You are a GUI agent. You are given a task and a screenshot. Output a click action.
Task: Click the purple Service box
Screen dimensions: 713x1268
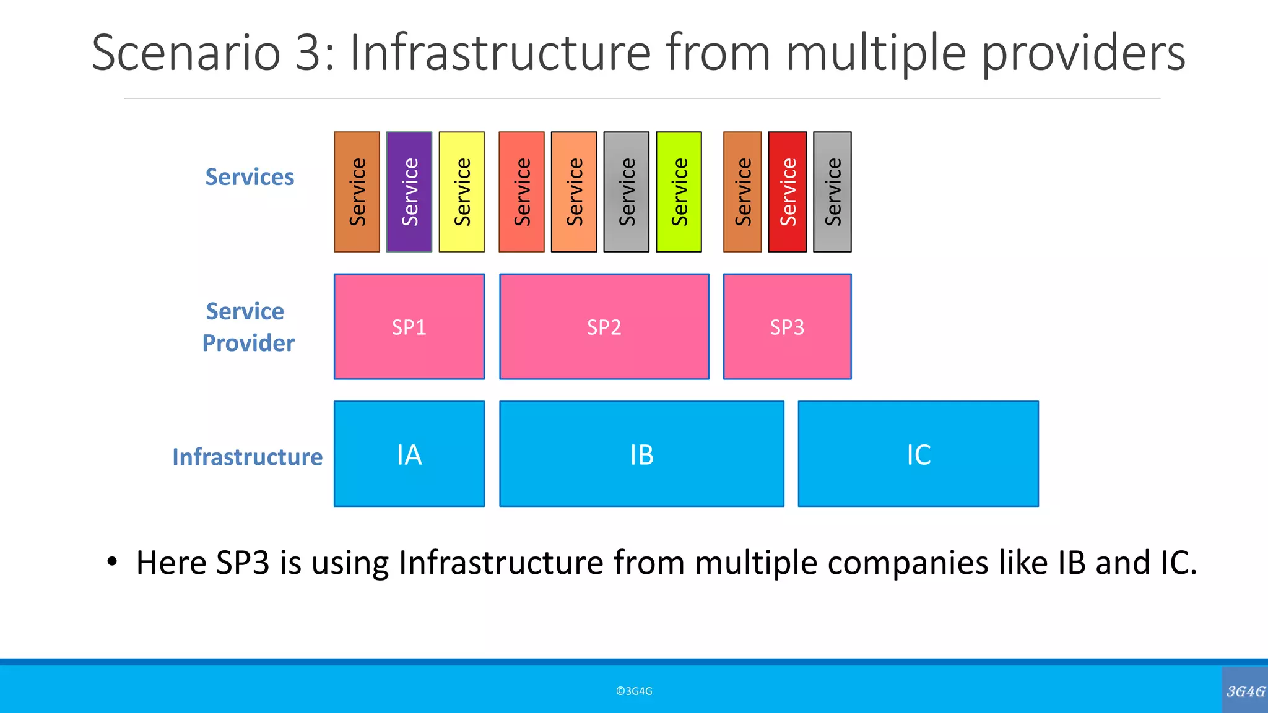click(x=409, y=192)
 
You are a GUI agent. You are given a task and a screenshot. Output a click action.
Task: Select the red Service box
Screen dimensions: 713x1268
click(x=787, y=192)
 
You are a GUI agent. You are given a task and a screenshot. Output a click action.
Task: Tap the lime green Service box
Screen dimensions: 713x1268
click(x=679, y=192)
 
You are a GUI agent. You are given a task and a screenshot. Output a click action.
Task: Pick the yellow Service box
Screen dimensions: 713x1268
click(x=461, y=192)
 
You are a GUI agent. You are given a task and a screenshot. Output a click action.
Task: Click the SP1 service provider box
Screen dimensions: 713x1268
click(x=409, y=327)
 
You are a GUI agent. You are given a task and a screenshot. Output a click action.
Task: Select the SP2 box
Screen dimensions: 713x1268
click(x=604, y=327)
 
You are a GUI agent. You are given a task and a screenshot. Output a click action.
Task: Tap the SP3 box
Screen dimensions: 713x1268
click(x=787, y=327)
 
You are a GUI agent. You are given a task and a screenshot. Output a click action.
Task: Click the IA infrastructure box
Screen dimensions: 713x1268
click(x=409, y=454)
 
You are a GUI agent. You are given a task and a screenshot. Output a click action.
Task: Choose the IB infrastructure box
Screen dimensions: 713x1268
click(x=641, y=454)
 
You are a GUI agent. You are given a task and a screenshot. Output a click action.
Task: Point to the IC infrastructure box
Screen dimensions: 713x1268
click(x=918, y=454)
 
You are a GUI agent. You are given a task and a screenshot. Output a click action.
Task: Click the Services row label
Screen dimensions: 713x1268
click(x=250, y=177)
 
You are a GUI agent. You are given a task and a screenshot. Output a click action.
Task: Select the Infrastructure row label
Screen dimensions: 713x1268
click(x=247, y=457)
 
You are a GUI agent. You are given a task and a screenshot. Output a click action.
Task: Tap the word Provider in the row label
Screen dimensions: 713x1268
click(x=248, y=343)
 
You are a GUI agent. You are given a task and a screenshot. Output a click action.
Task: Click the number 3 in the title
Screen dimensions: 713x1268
click(x=308, y=53)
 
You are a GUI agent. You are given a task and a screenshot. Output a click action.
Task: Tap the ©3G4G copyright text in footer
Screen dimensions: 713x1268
click(x=634, y=691)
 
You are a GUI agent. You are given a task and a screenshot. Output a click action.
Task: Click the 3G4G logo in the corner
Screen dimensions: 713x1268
click(x=1245, y=691)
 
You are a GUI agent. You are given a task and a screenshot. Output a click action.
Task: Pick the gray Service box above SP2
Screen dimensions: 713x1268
click(x=626, y=192)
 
